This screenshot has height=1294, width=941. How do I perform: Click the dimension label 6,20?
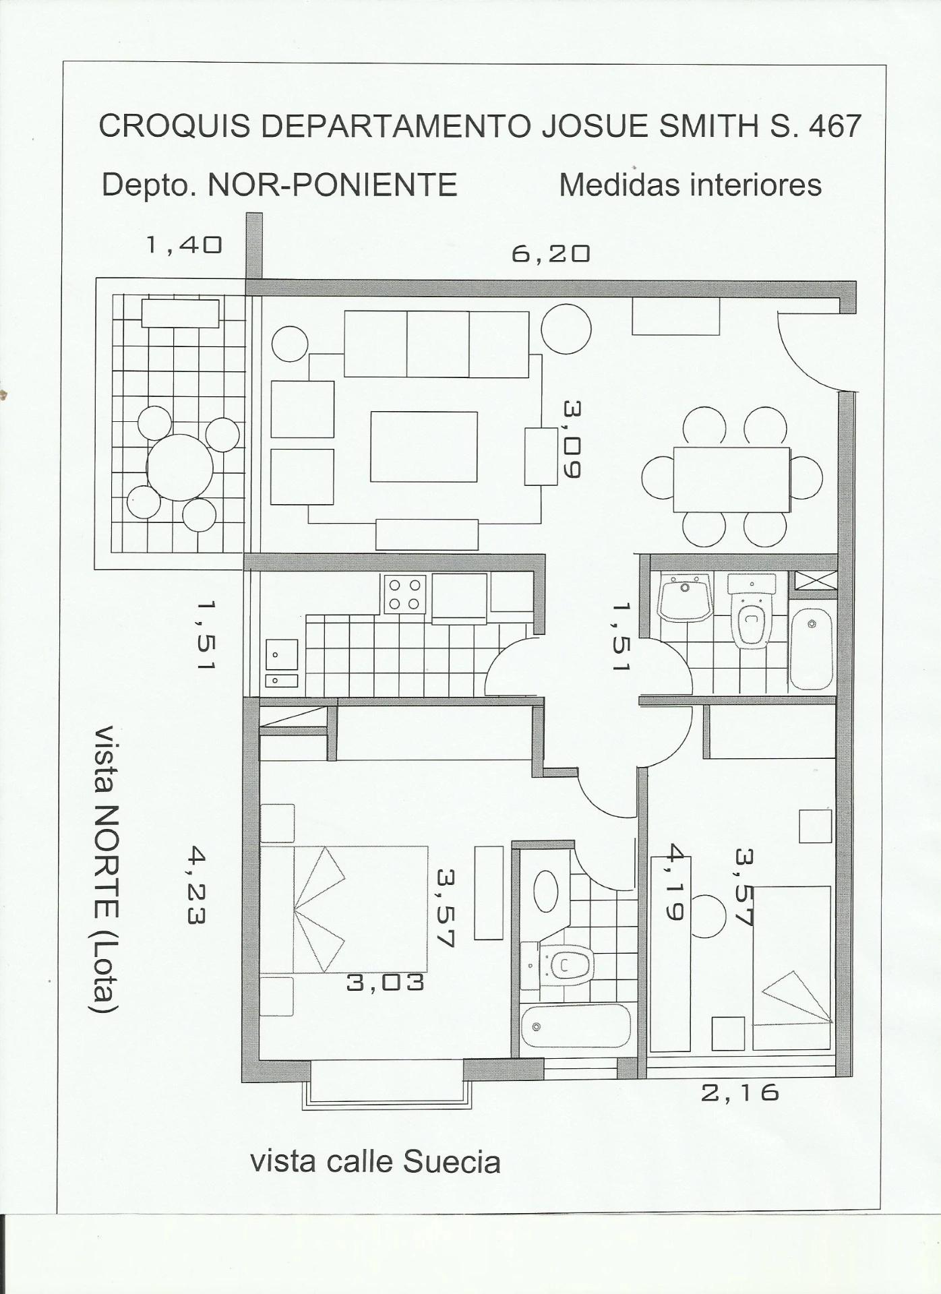click(x=551, y=253)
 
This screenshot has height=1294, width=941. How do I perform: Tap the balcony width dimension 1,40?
click(x=184, y=245)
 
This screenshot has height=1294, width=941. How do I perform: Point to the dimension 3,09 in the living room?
click(x=572, y=439)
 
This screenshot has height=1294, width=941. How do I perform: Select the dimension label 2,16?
click(x=740, y=1092)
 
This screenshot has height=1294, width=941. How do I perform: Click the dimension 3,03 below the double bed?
click(x=386, y=983)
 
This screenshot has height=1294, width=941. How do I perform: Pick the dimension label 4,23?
click(x=195, y=886)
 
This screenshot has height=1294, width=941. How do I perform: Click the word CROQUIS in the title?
click(x=175, y=126)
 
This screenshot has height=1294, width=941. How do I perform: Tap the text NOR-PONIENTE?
click(x=332, y=185)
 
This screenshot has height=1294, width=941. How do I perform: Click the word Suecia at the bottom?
click(x=452, y=1163)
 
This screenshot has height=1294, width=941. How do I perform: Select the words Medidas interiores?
click(x=690, y=185)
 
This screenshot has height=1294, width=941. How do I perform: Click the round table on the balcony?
click(x=180, y=467)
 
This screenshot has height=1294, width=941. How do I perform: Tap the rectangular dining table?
click(x=731, y=479)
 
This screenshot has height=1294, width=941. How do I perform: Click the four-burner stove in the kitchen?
click(x=404, y=594)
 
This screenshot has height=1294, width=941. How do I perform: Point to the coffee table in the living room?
click(x=424, y=446)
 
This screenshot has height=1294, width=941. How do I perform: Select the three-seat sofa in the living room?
click(x=436, y=344)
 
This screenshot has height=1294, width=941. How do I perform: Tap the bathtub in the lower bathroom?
click(x=576, y=1026)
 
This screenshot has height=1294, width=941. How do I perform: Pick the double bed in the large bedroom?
click(x=344, y=909)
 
